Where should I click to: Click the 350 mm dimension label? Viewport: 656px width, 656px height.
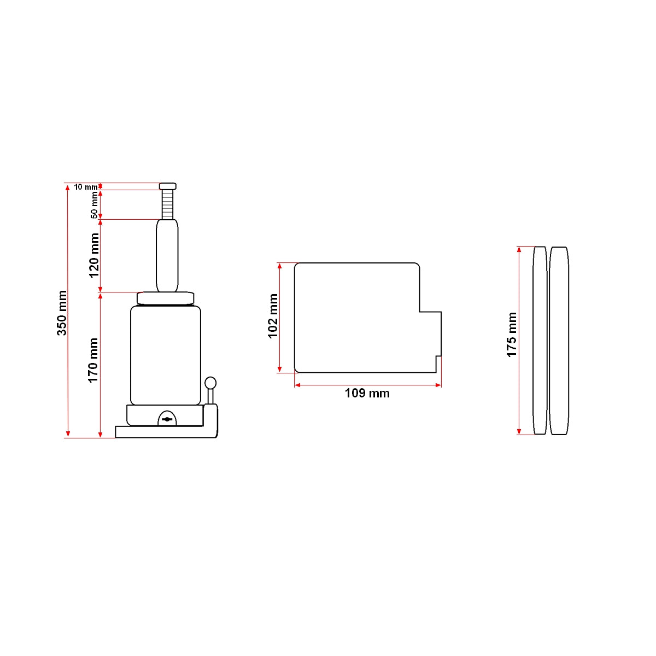coord(62,313)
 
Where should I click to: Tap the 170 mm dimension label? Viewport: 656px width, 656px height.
coord(93,360)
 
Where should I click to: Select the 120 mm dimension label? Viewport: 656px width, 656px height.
coord(94,255)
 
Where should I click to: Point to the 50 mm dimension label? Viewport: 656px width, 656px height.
coord(94,205)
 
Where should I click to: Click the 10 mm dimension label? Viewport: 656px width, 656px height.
coord(86,187)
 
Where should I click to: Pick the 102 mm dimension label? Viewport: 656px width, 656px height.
coord(273,316)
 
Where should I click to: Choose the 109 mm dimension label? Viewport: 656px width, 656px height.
coord(367,393)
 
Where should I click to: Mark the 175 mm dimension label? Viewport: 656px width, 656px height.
coord(512,335)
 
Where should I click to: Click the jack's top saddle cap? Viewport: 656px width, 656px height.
coord(168,186)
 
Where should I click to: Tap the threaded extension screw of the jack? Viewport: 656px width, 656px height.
coord(167,204)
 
